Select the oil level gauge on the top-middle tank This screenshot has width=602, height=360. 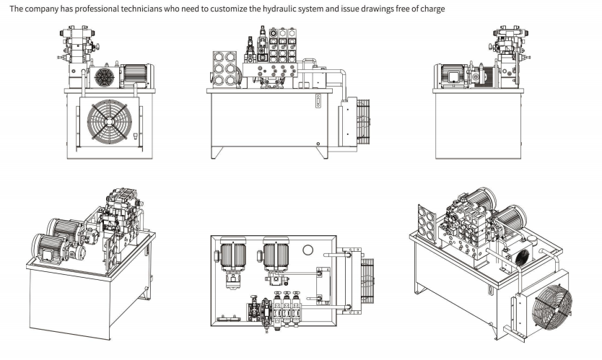pos(318,102)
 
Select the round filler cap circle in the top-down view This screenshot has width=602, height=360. pos(307,250)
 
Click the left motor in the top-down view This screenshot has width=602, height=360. pos(234,256)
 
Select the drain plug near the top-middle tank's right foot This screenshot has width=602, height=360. pos(318,146)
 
